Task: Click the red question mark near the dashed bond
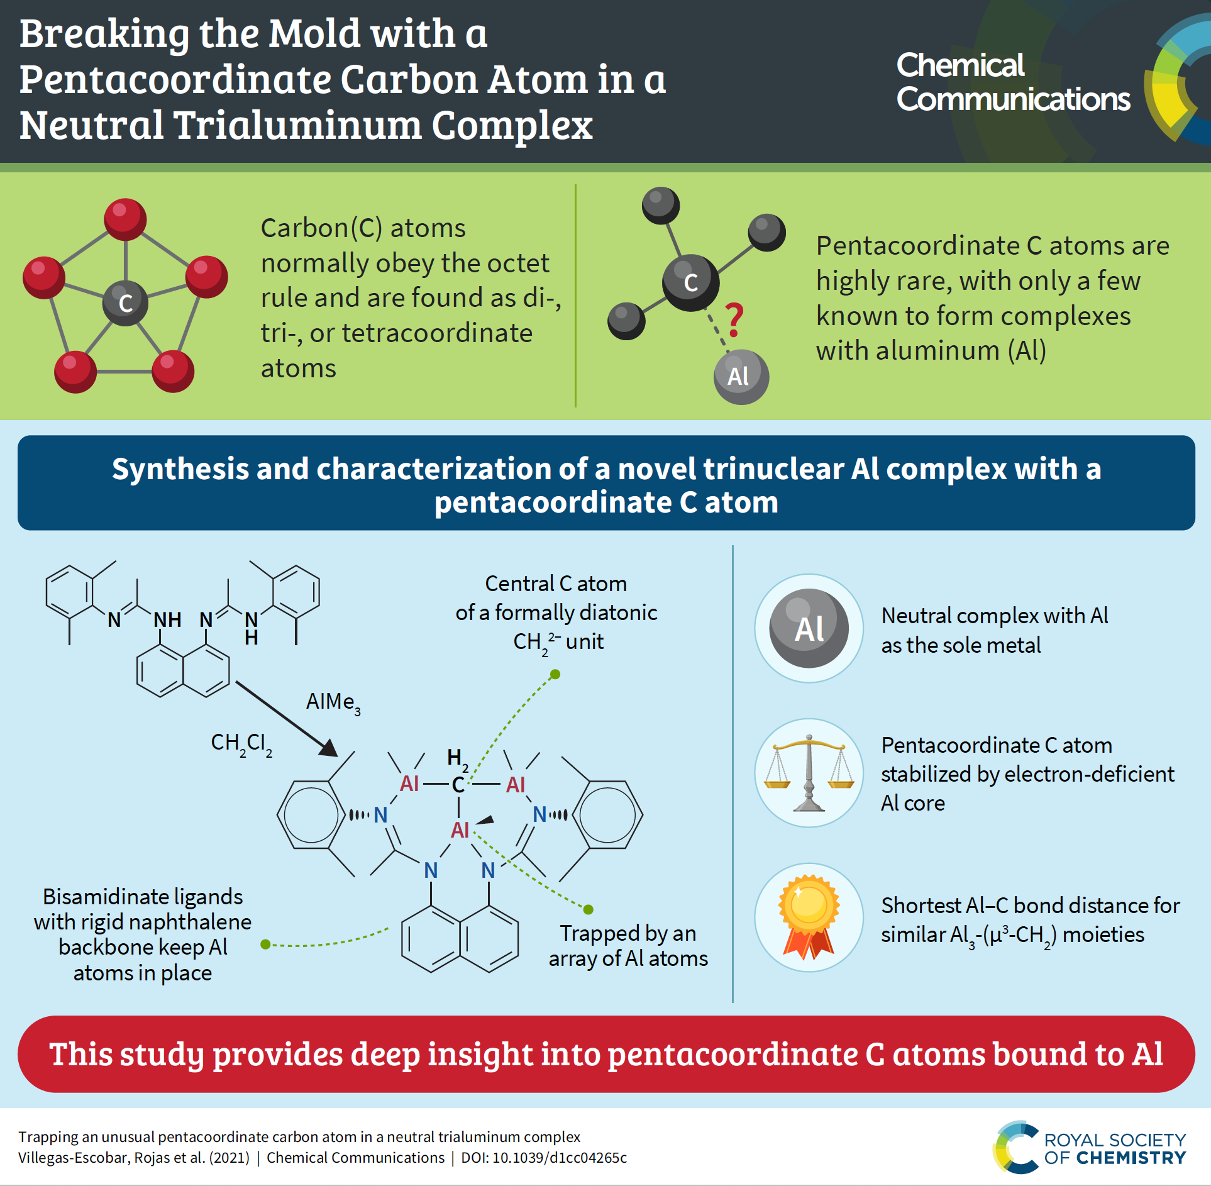click(734, 319)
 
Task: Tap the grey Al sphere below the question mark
click(741, 377)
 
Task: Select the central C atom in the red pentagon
click(126, 303)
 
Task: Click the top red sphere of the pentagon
click(125, 219)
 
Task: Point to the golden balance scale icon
click(809, 773)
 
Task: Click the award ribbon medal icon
click(809, 916)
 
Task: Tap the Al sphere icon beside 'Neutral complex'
click(809, 628)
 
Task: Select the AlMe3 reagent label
click(333, 702)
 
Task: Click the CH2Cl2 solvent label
click(241, 744)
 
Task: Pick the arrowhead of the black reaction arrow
click(328, 749)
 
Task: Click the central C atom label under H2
click(458, 785)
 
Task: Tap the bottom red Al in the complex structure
click(460, 830)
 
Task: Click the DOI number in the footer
click(559, 1158)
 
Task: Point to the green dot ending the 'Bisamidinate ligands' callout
click(265, 944)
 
